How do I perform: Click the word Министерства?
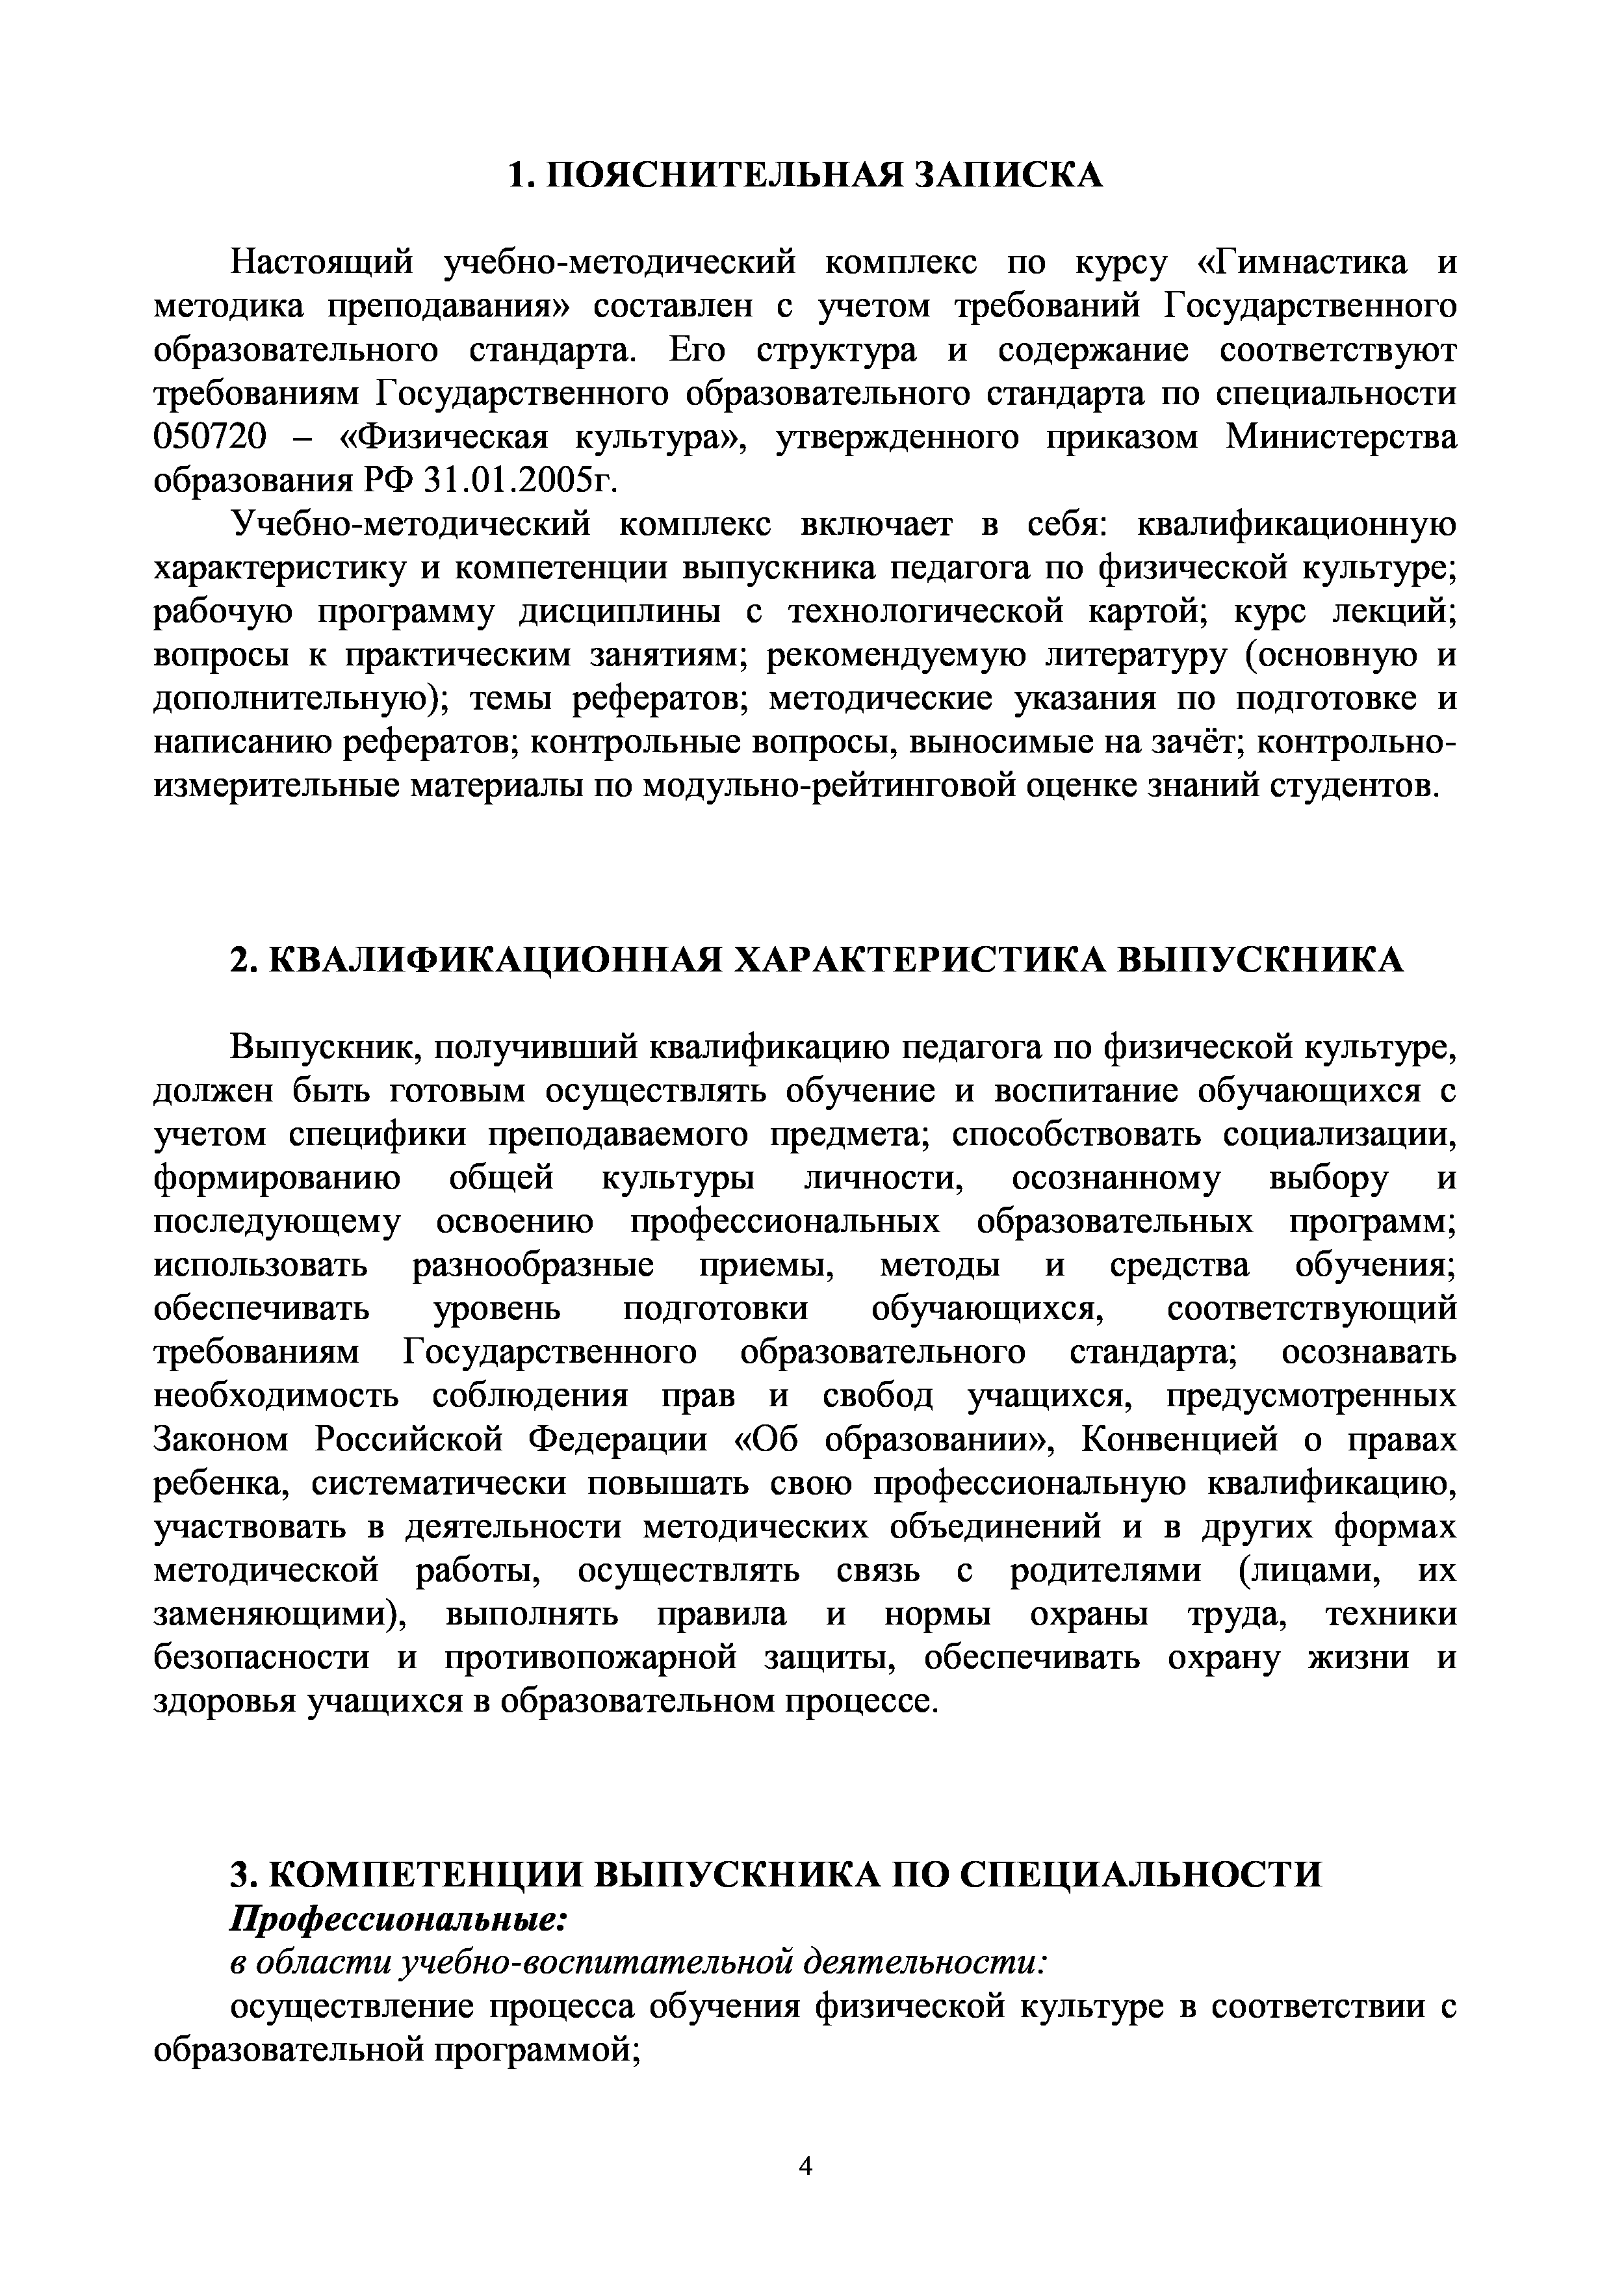(1341, 437)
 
